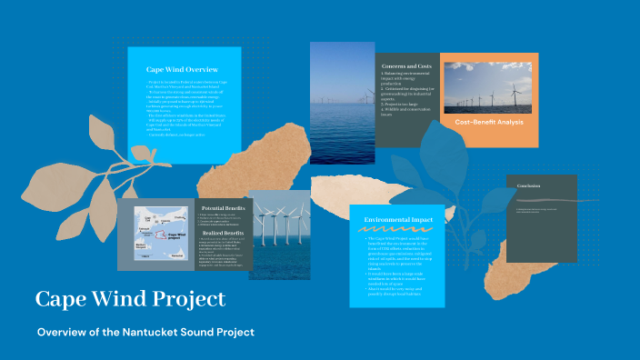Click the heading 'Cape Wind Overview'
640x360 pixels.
[x=183, y=69]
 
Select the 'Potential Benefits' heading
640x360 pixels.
[x=221, y=209]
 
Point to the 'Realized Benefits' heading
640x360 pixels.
[x=221, y=234]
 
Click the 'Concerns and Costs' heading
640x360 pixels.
[x=406, y=66]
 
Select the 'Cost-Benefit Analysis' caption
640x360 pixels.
[x=490, y=122]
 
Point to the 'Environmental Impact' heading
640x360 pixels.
[x=396, y=220]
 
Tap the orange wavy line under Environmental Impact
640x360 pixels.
[x=396, y=230]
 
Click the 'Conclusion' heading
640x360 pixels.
[x=528, y=185]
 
